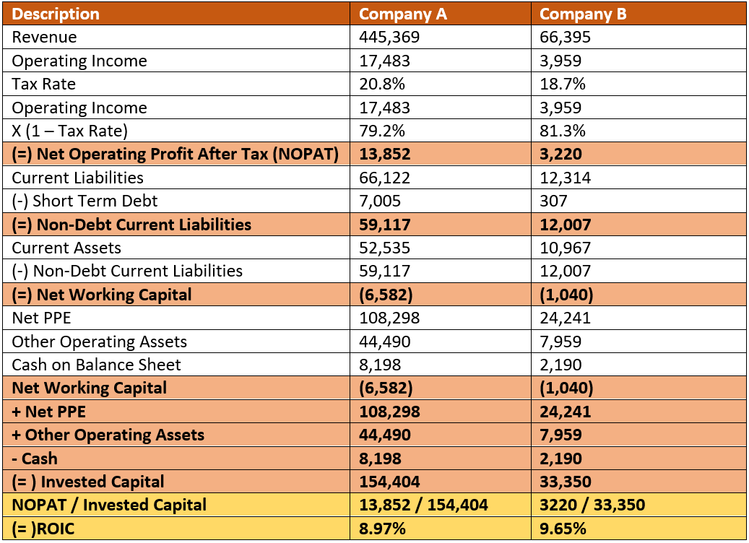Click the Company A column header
403,14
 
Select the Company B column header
583,14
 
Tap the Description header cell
56,14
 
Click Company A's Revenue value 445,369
389,37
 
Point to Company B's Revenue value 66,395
566,37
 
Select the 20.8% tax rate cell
382,84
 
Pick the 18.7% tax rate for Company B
563,84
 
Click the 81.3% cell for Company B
563,131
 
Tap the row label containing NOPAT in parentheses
176,154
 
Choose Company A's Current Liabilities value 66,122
385,178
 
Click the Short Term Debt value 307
553,201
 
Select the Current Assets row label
66,248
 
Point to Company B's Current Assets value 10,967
565,248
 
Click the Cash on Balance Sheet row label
96,365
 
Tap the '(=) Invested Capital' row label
88,482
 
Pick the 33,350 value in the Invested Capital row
566,482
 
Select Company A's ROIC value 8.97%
382,529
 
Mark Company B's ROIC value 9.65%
563,529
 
